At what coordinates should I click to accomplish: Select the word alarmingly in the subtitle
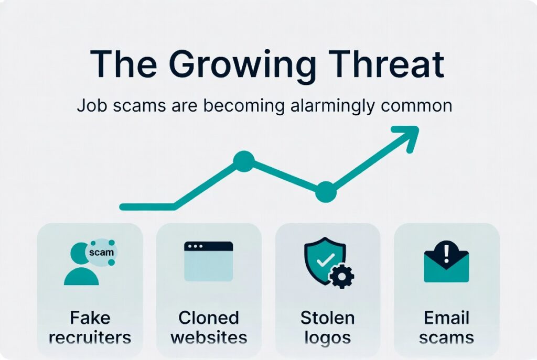click(332, 106)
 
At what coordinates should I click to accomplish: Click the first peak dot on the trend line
click(244, 161)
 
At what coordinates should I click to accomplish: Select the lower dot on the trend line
click(326, 192)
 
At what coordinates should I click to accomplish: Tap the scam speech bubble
click(101, 252)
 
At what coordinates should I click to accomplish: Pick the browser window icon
click(209, 261)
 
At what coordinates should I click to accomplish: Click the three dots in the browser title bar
click(195, 246)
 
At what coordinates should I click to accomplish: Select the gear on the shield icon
click(341, 276)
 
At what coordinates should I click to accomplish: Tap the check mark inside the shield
click(325, 260)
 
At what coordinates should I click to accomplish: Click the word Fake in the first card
click(90, 318)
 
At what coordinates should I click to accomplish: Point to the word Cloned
click(209, 318)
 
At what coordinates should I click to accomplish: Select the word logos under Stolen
click(327, 338)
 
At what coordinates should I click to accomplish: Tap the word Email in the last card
click(446, 318)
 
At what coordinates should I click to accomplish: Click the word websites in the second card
click(209, 337)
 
